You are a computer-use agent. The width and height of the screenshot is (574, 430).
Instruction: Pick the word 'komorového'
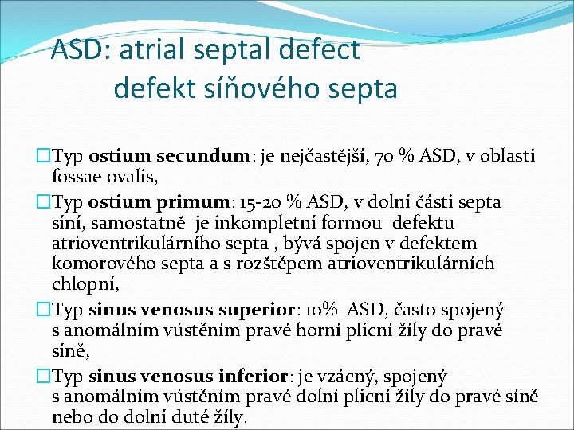[x=104, y=263]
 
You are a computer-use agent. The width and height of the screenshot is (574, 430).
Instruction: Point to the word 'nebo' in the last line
[x=72, y=416]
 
